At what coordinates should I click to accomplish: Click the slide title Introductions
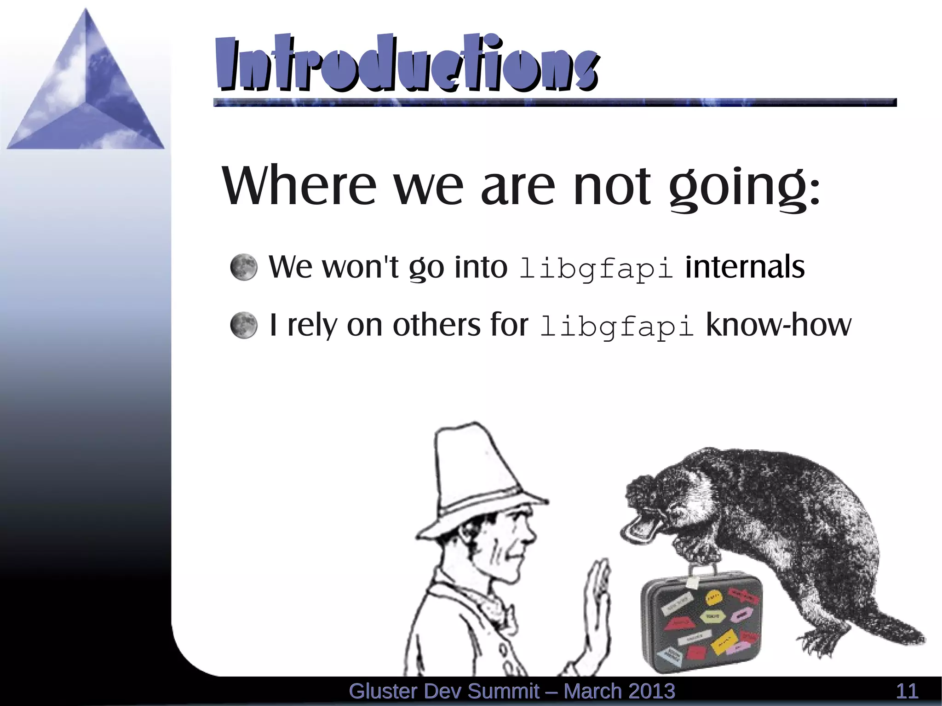coord(407,63)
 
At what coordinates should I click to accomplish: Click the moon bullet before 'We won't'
coord(243,267)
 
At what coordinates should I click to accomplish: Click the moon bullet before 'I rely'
coord(243,325)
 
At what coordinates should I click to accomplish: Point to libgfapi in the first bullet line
coord(596,268)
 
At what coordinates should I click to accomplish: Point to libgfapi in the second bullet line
coord(616,326)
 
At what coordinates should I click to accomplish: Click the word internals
coord(745,266)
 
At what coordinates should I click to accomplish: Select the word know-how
coord(778,324)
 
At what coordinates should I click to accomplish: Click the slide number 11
coord(907,691)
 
